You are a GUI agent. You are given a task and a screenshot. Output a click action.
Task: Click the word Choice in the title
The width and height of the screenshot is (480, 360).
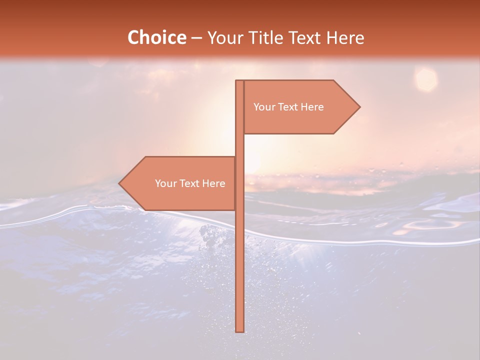156,37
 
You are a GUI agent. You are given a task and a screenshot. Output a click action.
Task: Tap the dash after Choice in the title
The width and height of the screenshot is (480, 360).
196,38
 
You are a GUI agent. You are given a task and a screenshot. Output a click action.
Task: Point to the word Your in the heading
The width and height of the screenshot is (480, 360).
226,37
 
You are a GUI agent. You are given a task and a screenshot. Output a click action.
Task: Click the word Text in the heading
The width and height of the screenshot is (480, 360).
305,37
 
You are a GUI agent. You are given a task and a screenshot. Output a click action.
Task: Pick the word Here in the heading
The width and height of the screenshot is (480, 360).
346,37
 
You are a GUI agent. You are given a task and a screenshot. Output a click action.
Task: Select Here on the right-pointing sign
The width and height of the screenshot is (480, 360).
312,107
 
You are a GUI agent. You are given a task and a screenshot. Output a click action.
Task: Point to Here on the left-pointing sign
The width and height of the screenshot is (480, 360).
214,183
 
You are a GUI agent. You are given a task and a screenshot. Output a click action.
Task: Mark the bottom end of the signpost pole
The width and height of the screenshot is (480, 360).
240,330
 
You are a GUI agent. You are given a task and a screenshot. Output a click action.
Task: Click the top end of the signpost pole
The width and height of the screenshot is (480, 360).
240,81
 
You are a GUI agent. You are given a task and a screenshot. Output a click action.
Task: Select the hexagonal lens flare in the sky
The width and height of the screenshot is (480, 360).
426,79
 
